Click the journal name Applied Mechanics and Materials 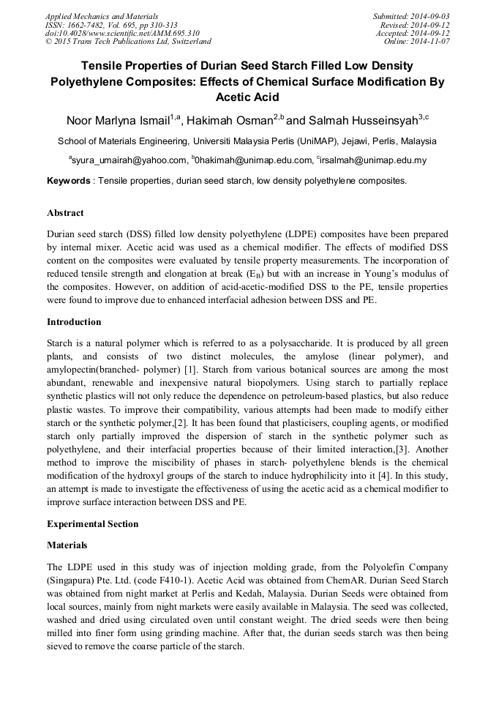101,15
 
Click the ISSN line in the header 110,24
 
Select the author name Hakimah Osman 229,121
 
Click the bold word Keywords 69,180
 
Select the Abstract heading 65,213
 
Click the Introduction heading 74,321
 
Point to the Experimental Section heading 92,524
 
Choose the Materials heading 67,545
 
